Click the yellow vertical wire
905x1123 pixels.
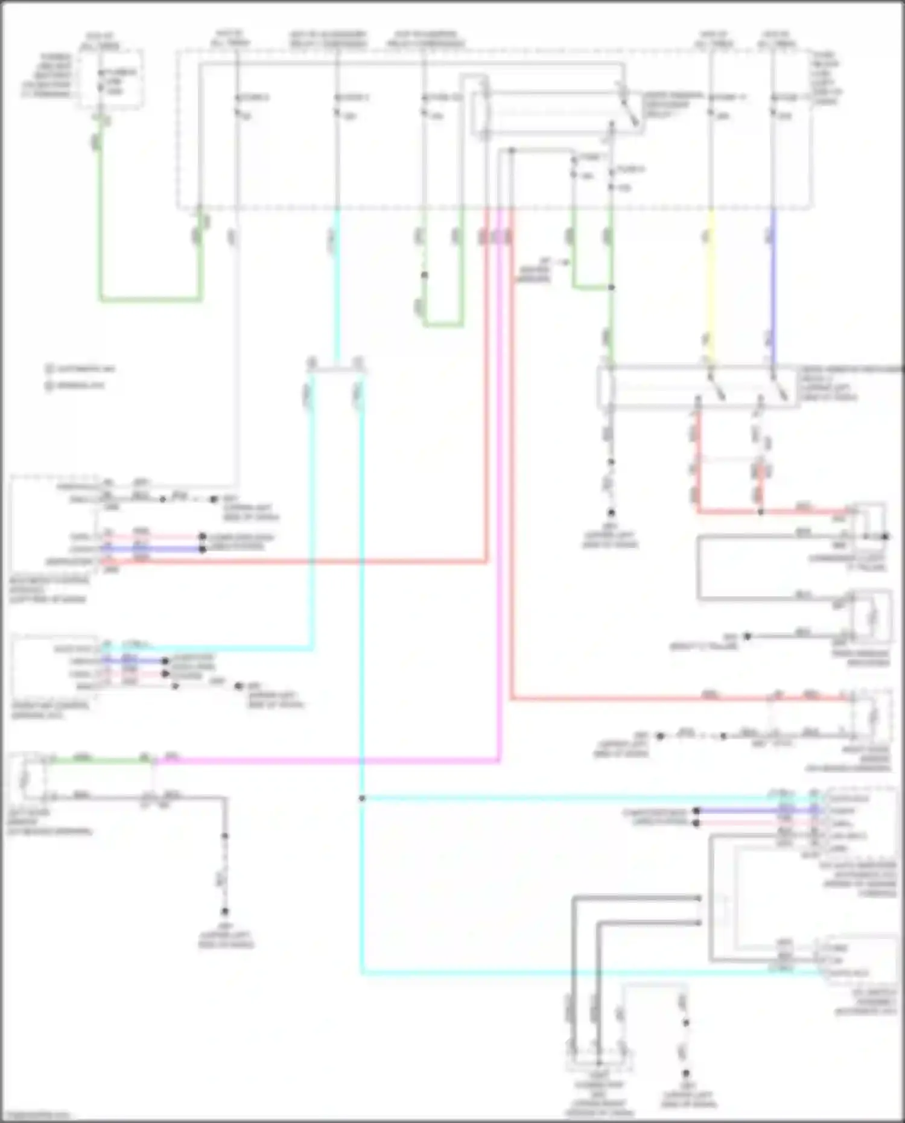pos(711,284)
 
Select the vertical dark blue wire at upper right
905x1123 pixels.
pos(773,284)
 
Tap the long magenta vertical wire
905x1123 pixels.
pos(500,483)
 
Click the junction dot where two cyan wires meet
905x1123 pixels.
pos(362,798)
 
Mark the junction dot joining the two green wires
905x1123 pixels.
pos(611,287)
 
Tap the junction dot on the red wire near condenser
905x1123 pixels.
pos(760,512)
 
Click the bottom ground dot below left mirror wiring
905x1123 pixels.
pos(224,911)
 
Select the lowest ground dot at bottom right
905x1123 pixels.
pos(686,1074)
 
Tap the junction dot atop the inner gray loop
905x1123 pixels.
pos(512,150)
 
